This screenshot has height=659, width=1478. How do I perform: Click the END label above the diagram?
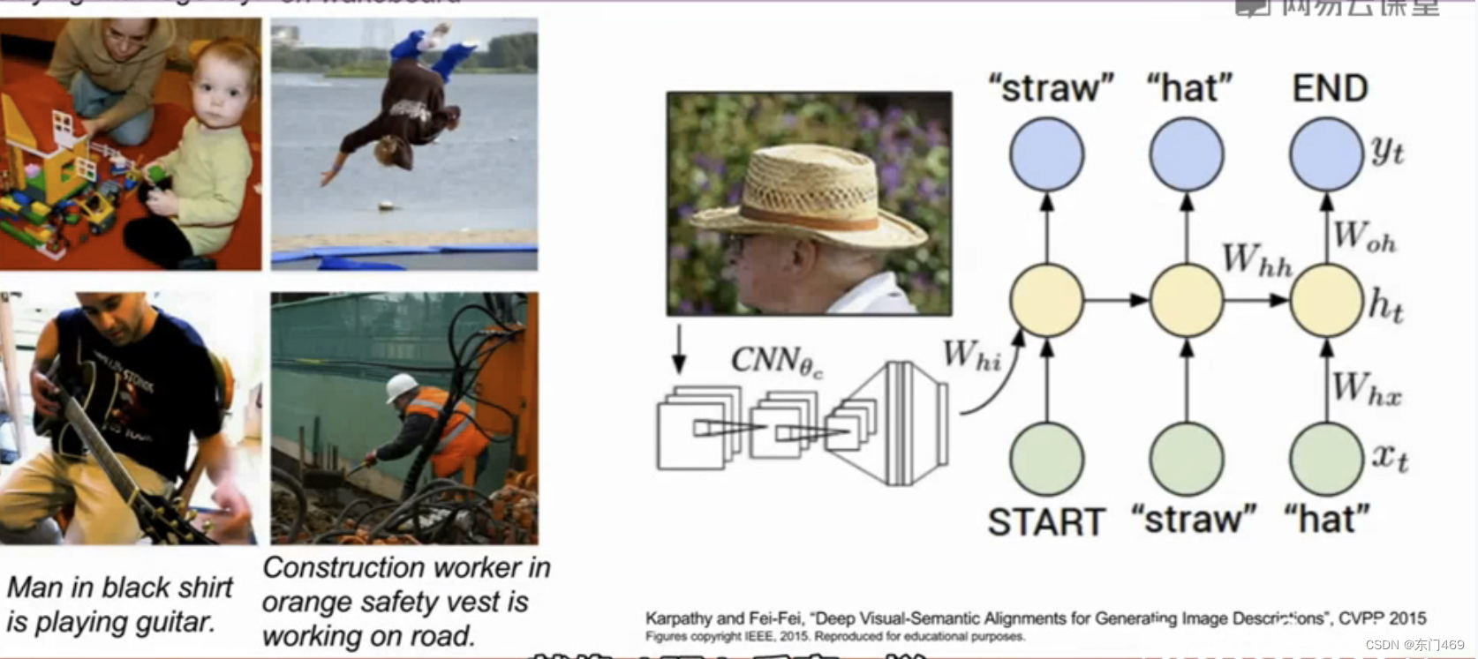pyautogui.click(x=1330, y=88)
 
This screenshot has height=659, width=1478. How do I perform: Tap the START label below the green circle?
pyautogui.click(x=1046, y=521)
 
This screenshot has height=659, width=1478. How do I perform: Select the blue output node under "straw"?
pyautogui.click(x=1046, y=154)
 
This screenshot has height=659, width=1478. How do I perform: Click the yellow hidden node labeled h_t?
pyautogui.click(x=1326, y=300)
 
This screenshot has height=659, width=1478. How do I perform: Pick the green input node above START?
pyautogui.click(x=1046, y=459)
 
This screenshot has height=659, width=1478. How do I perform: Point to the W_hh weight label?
pyautogui.click(x=1256, y=261)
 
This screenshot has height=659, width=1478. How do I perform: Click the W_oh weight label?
pyautogui.click(x=1364, y=236)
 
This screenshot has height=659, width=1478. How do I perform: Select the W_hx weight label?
pyautogui.click(x=1366, y=389)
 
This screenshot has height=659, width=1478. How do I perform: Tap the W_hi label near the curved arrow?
pyautogui.click(x=971, y=356)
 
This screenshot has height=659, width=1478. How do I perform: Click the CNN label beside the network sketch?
pyautogui.click(x=776, y=361)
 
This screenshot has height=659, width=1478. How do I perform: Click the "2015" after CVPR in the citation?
pyautogui.click(x=1407, y=618)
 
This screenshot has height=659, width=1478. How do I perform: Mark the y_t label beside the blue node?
pyautogui.click(x=1388, y=152)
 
